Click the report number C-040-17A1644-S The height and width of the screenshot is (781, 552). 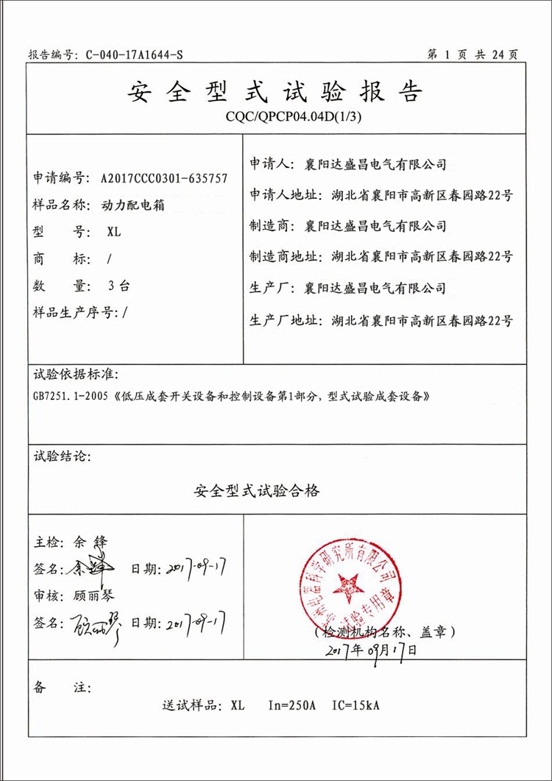point(135,54)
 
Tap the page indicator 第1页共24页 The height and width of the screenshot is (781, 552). point(473,54)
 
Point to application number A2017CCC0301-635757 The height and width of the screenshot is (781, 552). point(167,179)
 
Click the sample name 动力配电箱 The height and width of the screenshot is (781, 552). point(133,205)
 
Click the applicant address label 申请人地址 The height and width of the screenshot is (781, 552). point(286,195)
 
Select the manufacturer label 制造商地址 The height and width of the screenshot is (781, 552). point(286,257)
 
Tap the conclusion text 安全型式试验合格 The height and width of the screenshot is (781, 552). point(257,490)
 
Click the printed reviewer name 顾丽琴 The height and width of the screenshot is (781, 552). point(94,595)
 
